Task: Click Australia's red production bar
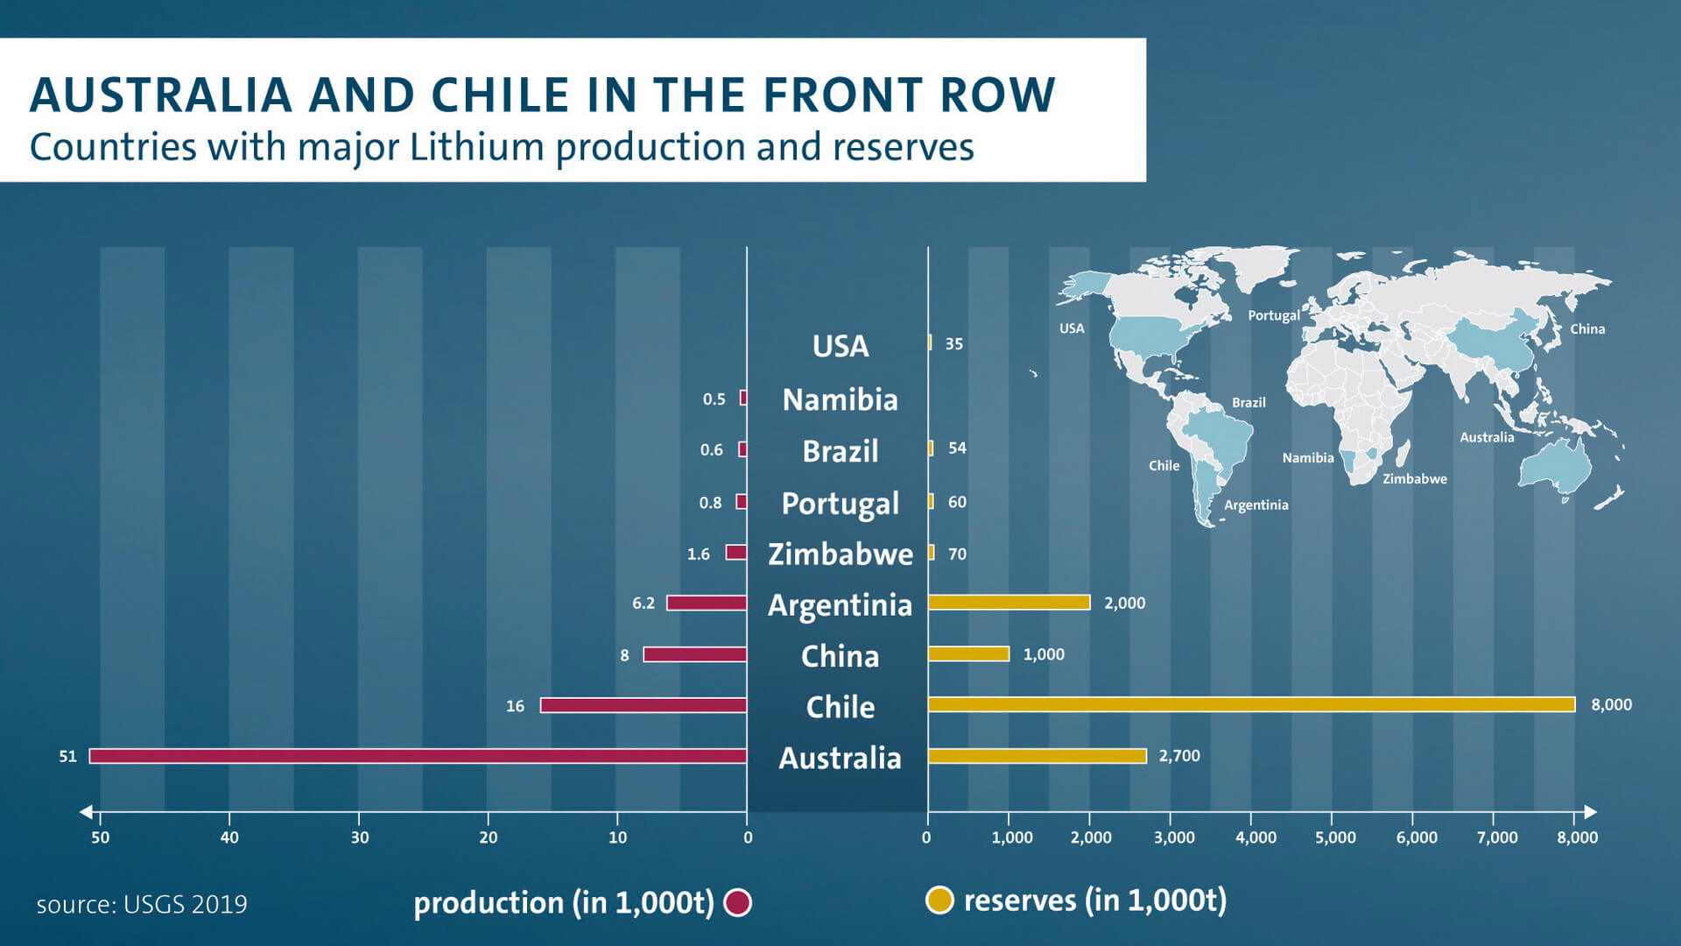coord(418,756)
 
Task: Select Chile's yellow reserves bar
coord(1251,704)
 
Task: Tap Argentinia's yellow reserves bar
coord(1009,603)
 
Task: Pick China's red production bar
coord(695,654)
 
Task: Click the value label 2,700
coord(1179,756)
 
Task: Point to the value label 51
coord(68,756)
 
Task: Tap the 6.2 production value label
coord(644,604)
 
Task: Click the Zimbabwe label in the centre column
coord(840,554)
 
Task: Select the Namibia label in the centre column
coord(840,399)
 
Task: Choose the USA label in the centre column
coord(840,346)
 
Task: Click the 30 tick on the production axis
coord(360,837)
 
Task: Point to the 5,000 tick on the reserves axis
coord(1335,837)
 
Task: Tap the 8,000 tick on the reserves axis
coord(1577,837)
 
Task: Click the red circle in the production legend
coord(738,902)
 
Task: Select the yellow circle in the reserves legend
coord(939,900)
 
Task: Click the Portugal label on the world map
coord(1274,315)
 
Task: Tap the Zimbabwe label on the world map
coord(1415,479)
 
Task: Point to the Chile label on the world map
coord(1164,466)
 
